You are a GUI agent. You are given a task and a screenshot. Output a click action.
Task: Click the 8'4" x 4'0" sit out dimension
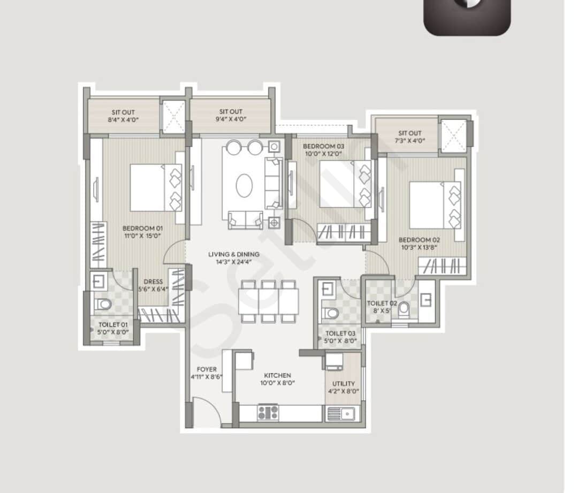(x=123, y=120)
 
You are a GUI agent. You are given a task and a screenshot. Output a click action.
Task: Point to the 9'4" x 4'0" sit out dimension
(x=231, y=119)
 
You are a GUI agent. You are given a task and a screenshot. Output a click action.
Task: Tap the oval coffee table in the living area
(x=244, y=185)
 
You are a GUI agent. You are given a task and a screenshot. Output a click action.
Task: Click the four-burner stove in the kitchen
(x=268, y=412)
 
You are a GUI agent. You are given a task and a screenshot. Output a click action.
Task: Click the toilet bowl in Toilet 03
(x=330, y=312)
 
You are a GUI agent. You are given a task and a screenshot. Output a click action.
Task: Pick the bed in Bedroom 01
(x=156, y=187)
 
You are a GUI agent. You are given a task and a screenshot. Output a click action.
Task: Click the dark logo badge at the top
(x=467, y=16)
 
